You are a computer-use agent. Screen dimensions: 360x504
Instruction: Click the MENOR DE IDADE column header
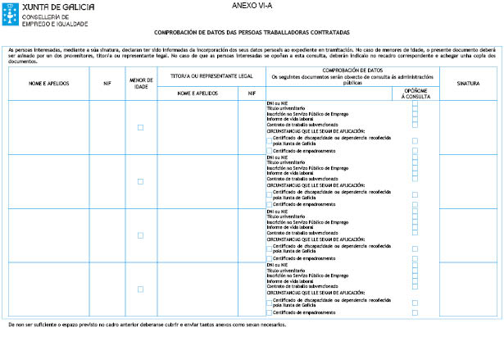click(x=140, y=84)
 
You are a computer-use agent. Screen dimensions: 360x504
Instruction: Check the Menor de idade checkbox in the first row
click(x=140, y=127)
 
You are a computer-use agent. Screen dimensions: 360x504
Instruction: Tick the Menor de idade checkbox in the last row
click(x=140, y=289)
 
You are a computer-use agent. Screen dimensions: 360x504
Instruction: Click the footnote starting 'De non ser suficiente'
click(x=148, y=325)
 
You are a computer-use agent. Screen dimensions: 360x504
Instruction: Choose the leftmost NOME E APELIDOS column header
click(x=48, y=84)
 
